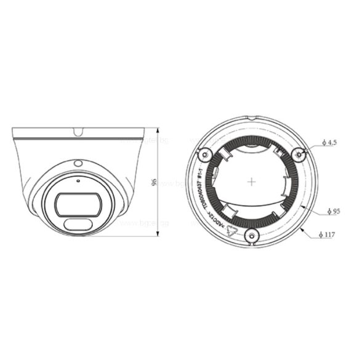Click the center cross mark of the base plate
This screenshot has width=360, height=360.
[251, 182]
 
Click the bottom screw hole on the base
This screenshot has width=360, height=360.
[251, 234]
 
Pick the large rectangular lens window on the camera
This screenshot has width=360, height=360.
[76, 202]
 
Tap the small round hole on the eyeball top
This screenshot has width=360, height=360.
[78, 162]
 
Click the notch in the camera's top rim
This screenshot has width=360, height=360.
[78, 131]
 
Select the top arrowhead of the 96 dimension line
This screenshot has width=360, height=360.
[159, 130]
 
